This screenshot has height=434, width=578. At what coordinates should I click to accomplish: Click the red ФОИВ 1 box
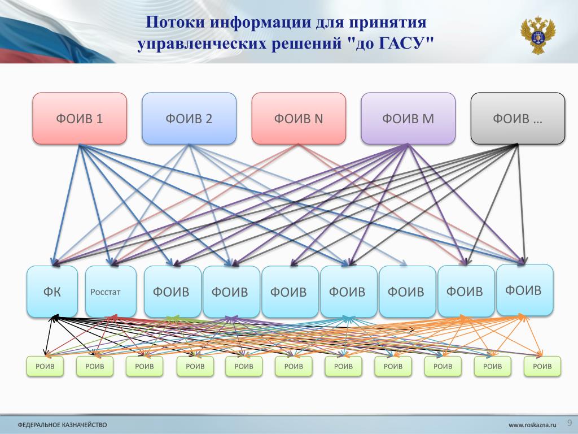pos(79,119)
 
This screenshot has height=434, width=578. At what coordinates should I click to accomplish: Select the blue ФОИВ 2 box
pos(189,119)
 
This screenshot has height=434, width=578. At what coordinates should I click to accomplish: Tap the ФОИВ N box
pos(298,119)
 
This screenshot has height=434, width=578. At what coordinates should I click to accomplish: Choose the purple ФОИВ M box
pos(408,119)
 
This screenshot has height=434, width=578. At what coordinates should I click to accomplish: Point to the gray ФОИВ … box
pos(517,119)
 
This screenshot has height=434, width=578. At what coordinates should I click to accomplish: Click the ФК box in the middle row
pos(52,292)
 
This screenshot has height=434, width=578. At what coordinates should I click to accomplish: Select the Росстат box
pos(111,292)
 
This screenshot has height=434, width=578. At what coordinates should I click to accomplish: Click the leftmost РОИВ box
pos(45,366)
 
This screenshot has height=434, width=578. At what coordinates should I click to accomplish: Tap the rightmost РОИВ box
pos(542,366)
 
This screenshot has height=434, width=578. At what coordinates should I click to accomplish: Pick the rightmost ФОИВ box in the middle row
pos(524,290)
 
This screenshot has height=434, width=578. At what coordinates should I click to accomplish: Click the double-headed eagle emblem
pos(537,36)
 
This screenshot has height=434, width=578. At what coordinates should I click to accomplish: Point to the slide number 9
pos(569,422)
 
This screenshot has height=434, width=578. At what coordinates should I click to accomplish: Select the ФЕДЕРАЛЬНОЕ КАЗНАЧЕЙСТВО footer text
pos(62,424)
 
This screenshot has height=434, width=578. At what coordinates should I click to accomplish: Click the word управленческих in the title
pos(198,45)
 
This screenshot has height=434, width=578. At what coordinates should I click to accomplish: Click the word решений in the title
pos(301,45)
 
